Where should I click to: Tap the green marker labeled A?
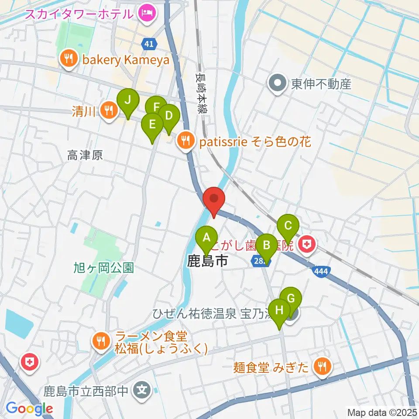[x=206, y=238]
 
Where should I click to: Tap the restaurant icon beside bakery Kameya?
[x=69, y=60]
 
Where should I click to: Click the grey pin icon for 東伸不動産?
[x=277, y=84]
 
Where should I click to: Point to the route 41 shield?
[x=149, y=44]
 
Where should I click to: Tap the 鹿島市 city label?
[x=207, y=261]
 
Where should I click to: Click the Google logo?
[x=30, y=409]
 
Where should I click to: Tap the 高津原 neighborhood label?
[x=85, y=155]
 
